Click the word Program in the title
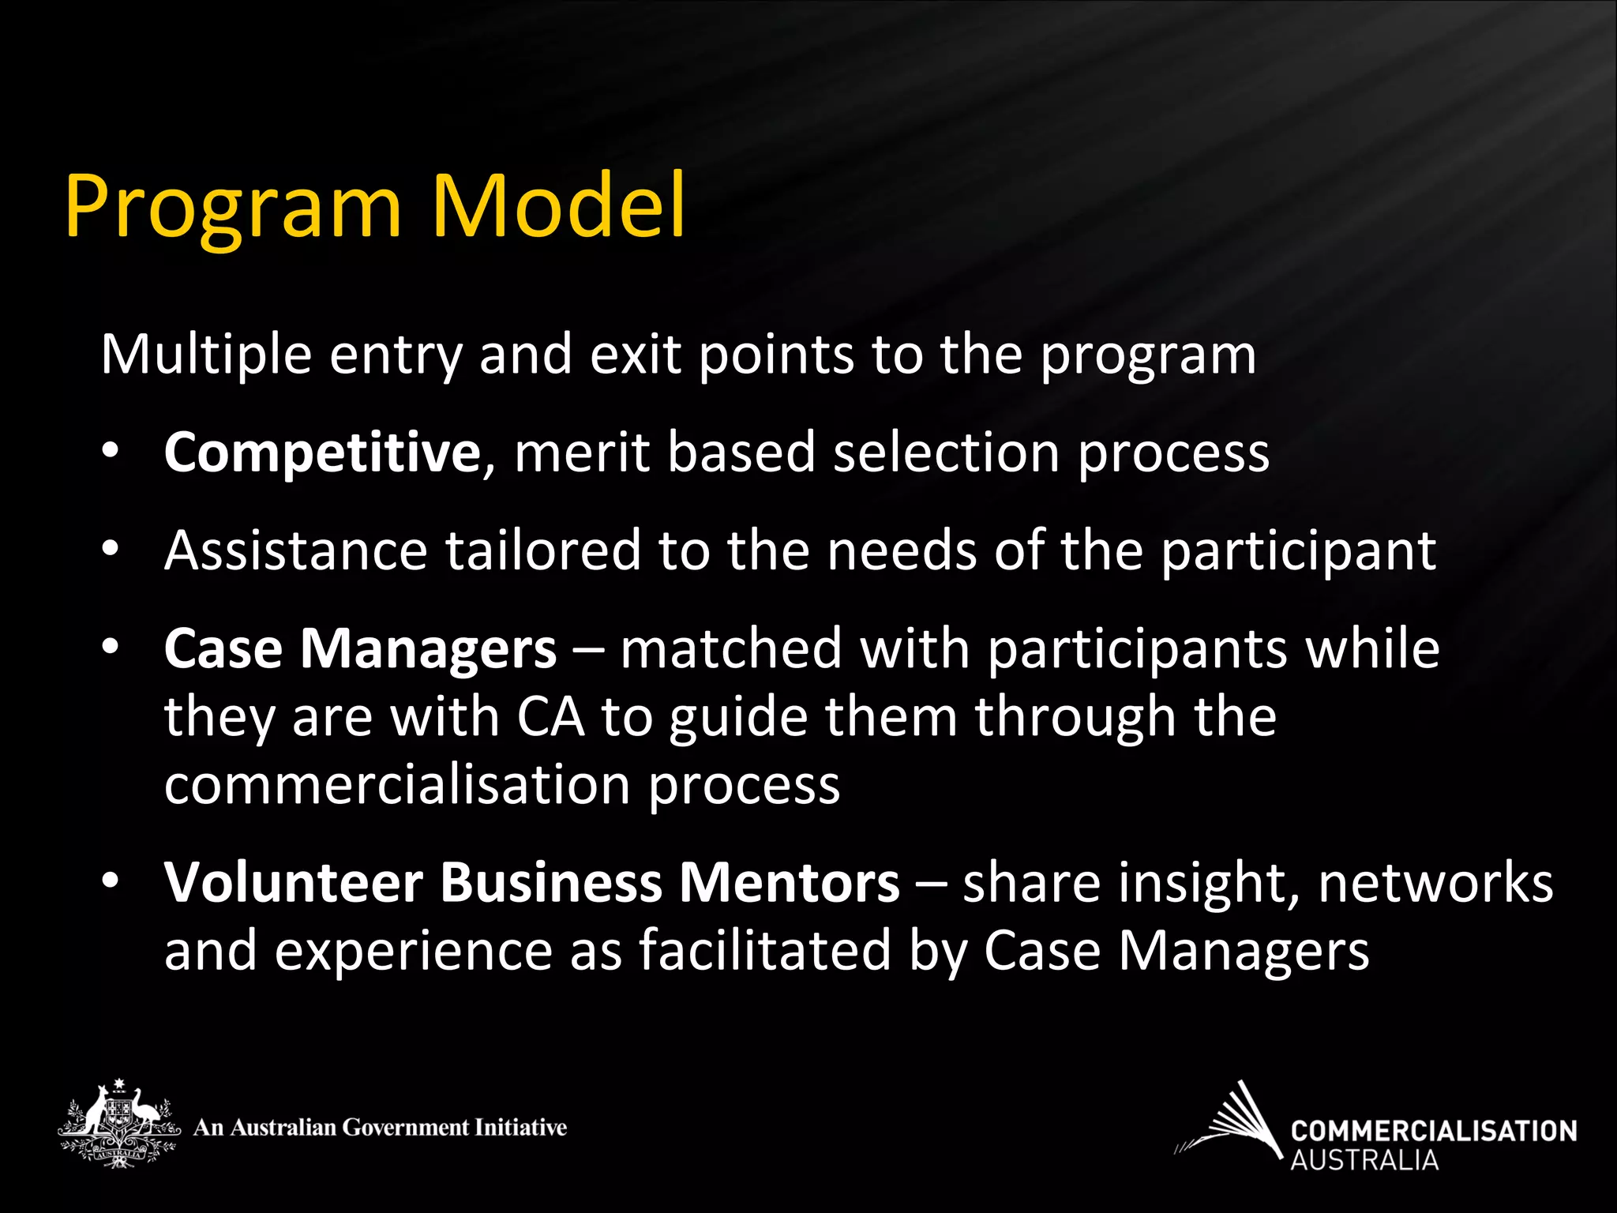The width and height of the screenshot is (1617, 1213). coord(233,207)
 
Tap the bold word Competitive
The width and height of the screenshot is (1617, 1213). coord(321,453)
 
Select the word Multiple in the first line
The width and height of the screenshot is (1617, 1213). coord(206,355)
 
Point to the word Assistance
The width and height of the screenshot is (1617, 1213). coord(295,550)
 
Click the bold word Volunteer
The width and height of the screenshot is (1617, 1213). coord(293,882)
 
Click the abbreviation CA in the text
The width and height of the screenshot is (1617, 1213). coord(550,717)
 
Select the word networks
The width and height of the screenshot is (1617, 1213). coord(1435,882)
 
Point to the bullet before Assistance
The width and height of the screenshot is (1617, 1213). coord(110,548)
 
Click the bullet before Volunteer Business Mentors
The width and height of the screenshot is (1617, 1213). coord(110,880)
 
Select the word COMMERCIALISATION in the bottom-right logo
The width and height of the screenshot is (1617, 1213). coord(1433,1131)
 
